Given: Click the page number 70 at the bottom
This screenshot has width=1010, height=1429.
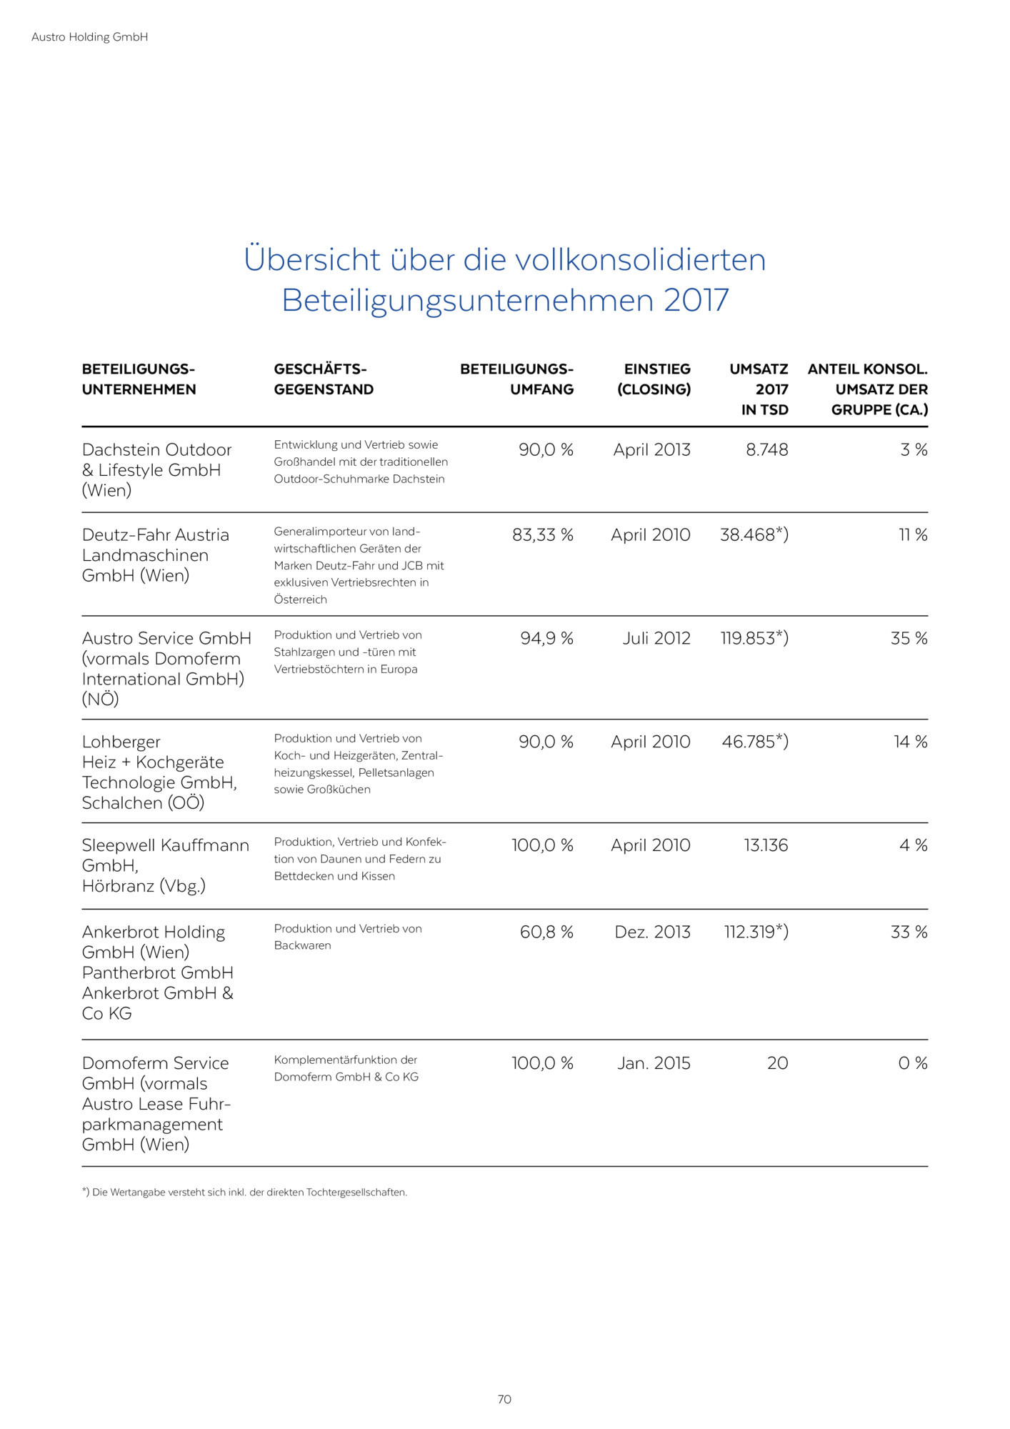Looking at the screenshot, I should coord(504,1399).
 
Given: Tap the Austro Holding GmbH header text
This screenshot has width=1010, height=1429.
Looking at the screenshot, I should coord(89,37).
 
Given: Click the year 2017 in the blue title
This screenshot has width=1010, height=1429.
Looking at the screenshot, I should coord(696,300).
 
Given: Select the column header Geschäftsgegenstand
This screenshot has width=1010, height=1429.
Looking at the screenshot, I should coord(324,379).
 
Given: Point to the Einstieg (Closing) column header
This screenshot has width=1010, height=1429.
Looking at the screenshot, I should coord(654,379).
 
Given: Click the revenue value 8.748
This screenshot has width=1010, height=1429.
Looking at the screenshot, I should coord(766,450).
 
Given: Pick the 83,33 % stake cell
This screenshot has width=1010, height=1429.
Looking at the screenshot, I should coord(542,535).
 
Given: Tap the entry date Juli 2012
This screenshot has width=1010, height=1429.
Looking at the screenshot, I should coord(656,639).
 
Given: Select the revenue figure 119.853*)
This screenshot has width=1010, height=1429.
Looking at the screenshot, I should coord(754,639).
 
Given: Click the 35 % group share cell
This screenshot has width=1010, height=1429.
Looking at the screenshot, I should coord(909,639).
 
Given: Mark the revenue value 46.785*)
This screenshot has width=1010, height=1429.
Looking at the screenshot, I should coord(754,742).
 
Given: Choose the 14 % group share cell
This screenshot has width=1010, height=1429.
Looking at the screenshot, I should coord(910,742).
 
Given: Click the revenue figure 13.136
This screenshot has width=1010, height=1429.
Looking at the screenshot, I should coord(766,846).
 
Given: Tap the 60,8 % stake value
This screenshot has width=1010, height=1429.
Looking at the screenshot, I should coord(546,932).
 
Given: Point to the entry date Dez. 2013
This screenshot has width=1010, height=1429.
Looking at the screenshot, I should coord(652,932).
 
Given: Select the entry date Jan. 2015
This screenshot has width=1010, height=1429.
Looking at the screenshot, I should coord(654,1064).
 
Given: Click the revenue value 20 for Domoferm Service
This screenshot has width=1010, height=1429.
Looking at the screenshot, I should coord(777,1064).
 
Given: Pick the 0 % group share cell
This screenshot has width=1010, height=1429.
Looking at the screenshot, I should coord(912,1064).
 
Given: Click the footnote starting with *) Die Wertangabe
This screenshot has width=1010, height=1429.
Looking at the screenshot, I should coord(244,1193).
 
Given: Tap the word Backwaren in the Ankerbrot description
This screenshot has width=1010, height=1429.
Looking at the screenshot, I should coord(302,946).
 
